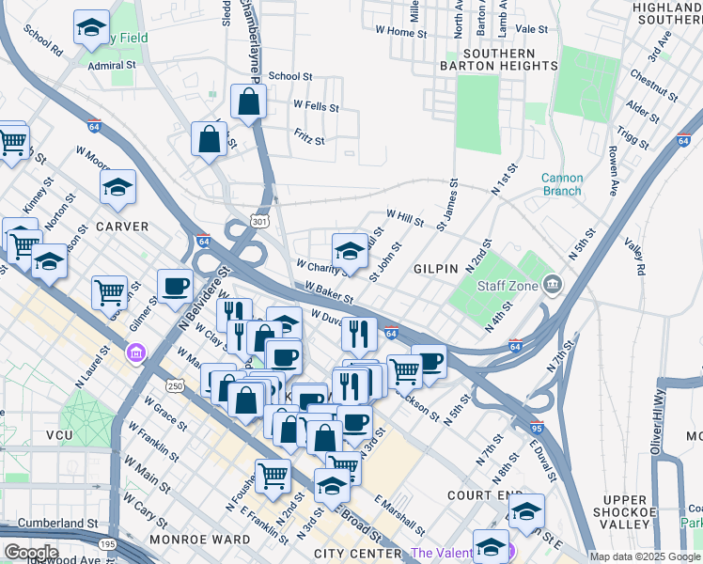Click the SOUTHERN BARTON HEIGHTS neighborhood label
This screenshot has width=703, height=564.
coord(499,59)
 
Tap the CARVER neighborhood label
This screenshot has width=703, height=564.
coord(121,227)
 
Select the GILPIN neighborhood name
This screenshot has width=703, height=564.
coord(435,268)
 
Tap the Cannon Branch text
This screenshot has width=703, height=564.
coord(562,184)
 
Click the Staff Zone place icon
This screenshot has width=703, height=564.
coord(552,283)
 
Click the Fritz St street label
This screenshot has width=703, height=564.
coord(308,141)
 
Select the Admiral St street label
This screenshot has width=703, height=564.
coord(112,66)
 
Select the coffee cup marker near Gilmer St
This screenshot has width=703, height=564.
coord(175,287)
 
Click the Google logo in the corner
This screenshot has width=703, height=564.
coord(30,553)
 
